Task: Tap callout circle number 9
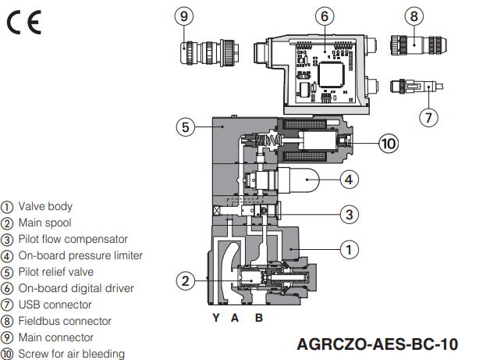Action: coord(183,15)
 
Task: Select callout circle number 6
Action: coord(326,15)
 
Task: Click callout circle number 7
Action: coord(428,117)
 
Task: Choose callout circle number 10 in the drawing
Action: coord(388,143)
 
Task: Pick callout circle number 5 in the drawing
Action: coord(183,127)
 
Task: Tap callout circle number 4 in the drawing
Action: coord(349,179)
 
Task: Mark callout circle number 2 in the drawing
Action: coord(184,280)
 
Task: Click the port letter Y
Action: coord(216,318)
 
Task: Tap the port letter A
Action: coord(234,318)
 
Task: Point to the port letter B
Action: coord(258,318)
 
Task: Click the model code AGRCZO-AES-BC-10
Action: coord(377,344)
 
